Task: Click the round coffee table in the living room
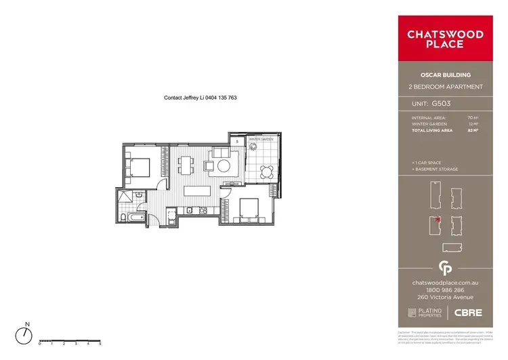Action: point(224,165)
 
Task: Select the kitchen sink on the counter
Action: point(190,211)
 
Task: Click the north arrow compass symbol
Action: point(26,334)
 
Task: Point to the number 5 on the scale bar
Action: point(100,344)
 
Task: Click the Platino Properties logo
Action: point(425,312)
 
